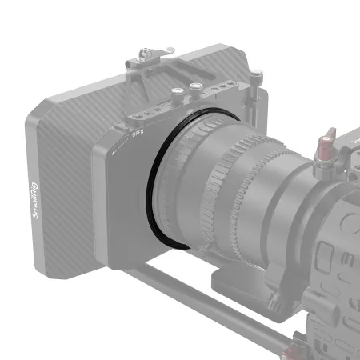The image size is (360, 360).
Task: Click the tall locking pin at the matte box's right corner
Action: tap(254, 82)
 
